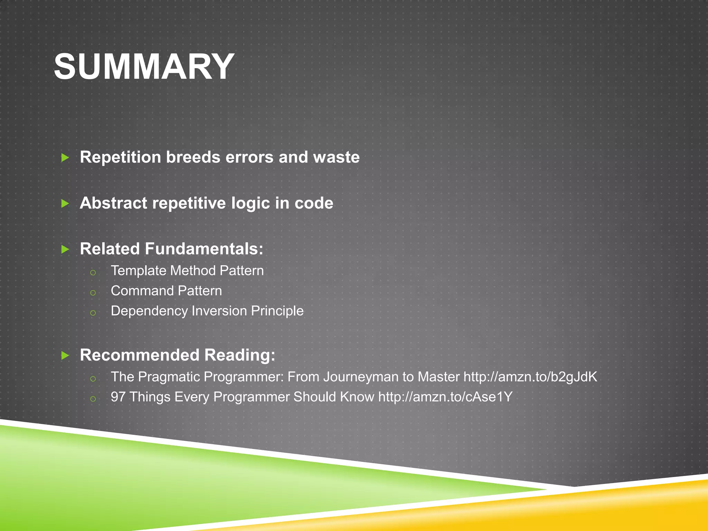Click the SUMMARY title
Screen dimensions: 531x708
[x=144, y=67]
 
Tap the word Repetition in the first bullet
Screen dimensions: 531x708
[x=121, y=157]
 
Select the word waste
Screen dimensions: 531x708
[x=336, y=157]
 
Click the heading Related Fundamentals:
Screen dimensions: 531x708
[x=171, y=249]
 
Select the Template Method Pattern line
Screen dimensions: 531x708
[x=187, y=271]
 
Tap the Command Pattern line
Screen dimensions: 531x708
[x=166, y=291]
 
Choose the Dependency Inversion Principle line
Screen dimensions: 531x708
[x=207, y=311]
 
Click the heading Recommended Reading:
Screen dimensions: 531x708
[x=177, y=355]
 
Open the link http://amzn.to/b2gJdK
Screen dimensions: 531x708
[x=530, y=377]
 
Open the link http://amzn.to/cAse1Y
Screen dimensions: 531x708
[x=445, y=397]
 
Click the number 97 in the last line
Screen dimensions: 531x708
[x=118, y=397]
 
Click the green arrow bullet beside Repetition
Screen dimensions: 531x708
[x=65, y=158]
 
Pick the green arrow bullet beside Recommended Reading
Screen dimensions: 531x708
[x=65, y=355]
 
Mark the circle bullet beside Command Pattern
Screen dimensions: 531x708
[x=93, y=293]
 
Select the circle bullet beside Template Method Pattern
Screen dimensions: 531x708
[x=93, y=273]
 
